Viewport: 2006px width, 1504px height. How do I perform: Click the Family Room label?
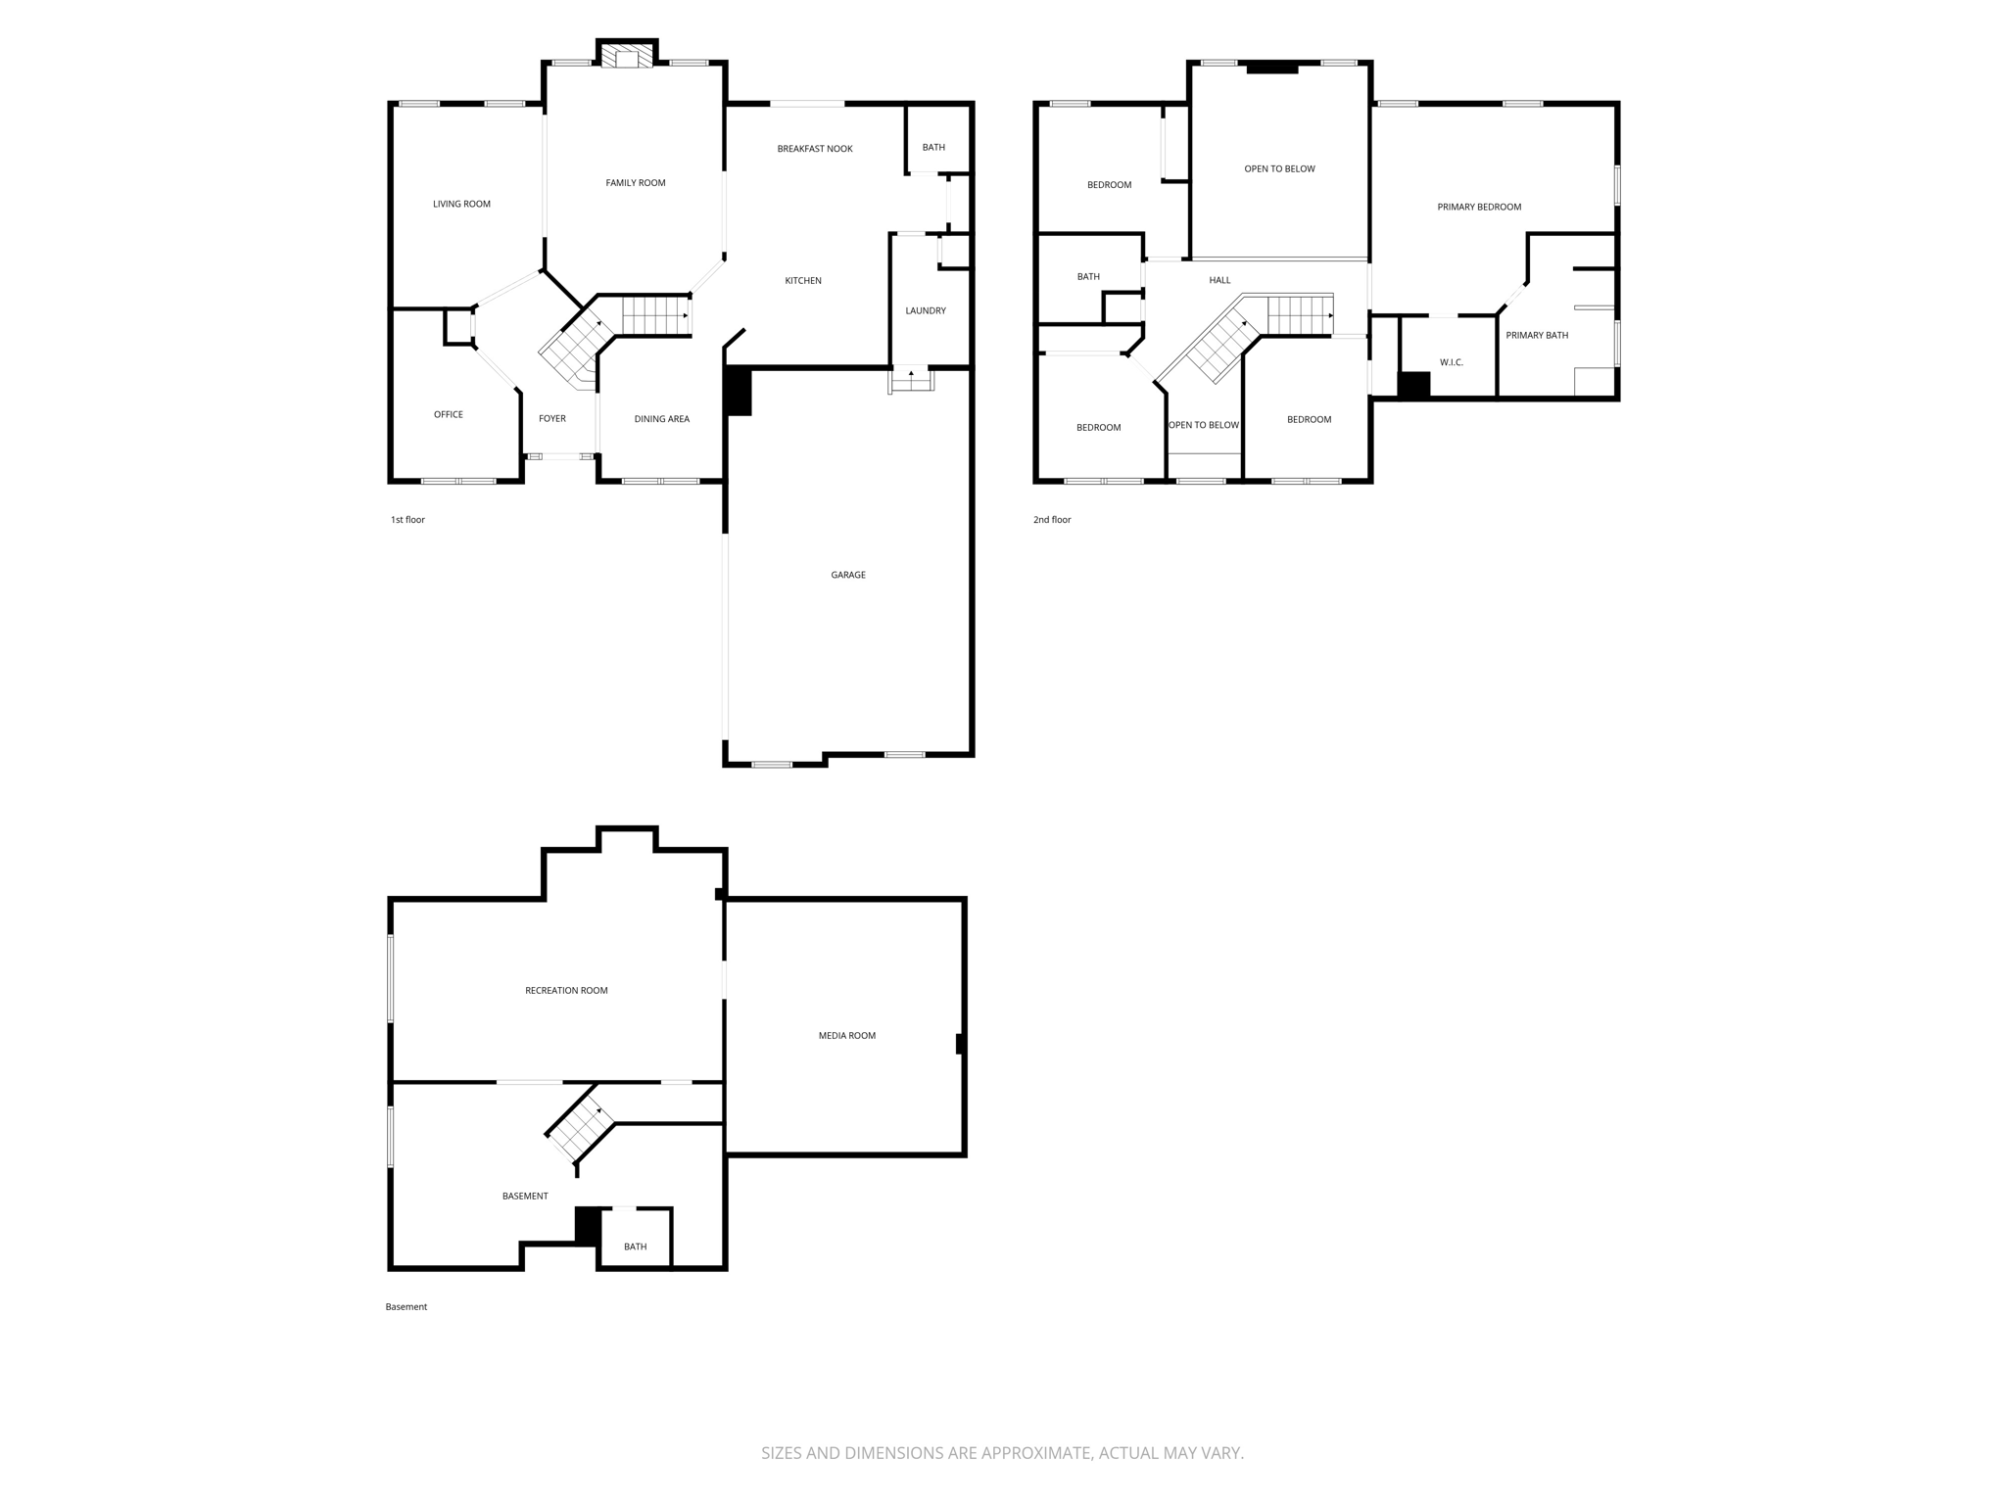coord(635,183)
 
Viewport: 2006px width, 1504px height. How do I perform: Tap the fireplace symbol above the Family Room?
coord(627,57)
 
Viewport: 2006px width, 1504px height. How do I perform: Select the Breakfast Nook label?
coord(814,149)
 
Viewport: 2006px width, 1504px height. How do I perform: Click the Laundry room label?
coord(925,311)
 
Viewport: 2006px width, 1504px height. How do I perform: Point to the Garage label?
coord(847,575)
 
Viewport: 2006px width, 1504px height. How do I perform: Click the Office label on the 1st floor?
coord(448,415)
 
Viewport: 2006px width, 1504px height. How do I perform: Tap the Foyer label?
coord(551,419)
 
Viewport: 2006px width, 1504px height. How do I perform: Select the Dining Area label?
coord(661,419)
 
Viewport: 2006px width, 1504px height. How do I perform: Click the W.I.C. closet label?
coord(1451,363)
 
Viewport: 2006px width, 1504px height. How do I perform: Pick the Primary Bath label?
coord(1536,336)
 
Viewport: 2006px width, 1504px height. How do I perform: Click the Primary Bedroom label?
coord(1478,208)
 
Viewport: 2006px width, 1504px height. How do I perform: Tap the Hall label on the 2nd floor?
coord(1218,281)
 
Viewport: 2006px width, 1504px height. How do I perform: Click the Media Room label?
coord(846,1036)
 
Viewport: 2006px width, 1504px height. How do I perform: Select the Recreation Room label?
coord(566,991)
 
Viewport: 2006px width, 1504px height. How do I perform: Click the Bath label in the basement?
coord(635,1247)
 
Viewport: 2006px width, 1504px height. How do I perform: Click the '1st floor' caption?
coord(407,520)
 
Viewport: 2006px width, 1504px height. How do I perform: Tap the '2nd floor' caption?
coord(1052,520)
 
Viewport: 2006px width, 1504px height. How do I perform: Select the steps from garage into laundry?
coord(911,380)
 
